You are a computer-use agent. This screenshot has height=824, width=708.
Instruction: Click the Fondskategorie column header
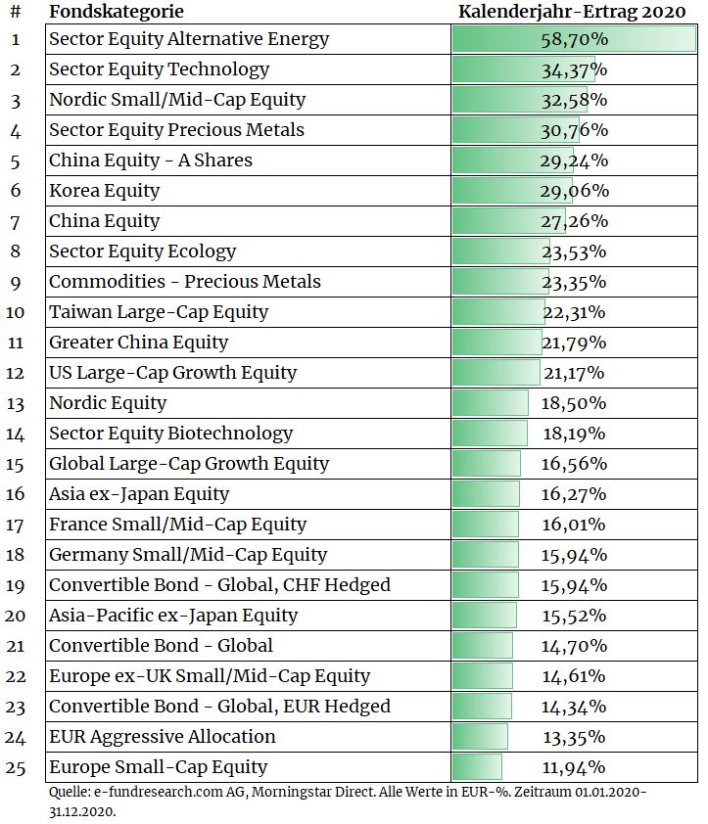click(x=117, y=12)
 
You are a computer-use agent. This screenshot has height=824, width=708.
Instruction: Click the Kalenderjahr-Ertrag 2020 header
click(x=572, y=12)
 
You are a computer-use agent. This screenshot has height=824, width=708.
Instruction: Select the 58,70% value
click(x=575, y=39)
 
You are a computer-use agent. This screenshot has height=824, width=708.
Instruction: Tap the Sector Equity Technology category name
click(x=159, y=69)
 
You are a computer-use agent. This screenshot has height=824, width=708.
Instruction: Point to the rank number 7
click(x=16, y=222)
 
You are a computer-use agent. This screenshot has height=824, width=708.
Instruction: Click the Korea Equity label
click(x=104, y=191)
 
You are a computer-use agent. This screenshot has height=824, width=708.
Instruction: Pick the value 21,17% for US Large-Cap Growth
click(x=574, y=373)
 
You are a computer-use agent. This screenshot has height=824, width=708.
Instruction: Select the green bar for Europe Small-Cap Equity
click(x=477, y=767)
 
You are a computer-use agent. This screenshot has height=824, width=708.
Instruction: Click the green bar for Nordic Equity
click(x=491, y=403)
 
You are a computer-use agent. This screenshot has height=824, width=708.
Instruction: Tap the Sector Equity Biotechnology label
click(x=171, y=434)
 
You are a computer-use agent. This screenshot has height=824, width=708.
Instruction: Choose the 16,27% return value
click(x=574, y=494)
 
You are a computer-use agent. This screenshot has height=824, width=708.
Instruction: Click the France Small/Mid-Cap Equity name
click(x=178, y=525)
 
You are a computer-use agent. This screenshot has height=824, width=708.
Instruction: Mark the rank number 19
click(x=15, y=586)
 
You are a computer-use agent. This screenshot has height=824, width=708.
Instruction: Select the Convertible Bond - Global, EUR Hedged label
click(x=220, y=707)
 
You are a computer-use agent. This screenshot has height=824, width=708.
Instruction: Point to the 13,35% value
click(x=574, y=737)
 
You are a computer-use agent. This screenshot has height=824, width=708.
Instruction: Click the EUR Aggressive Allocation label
click(x=162, y=737)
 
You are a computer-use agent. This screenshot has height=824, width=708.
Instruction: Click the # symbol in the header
click(x=16, y=12)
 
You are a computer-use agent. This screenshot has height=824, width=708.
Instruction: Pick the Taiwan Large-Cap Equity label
click(x=159, y=312)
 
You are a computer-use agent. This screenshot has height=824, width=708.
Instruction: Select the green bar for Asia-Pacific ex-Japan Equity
click(x=485, y=616)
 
